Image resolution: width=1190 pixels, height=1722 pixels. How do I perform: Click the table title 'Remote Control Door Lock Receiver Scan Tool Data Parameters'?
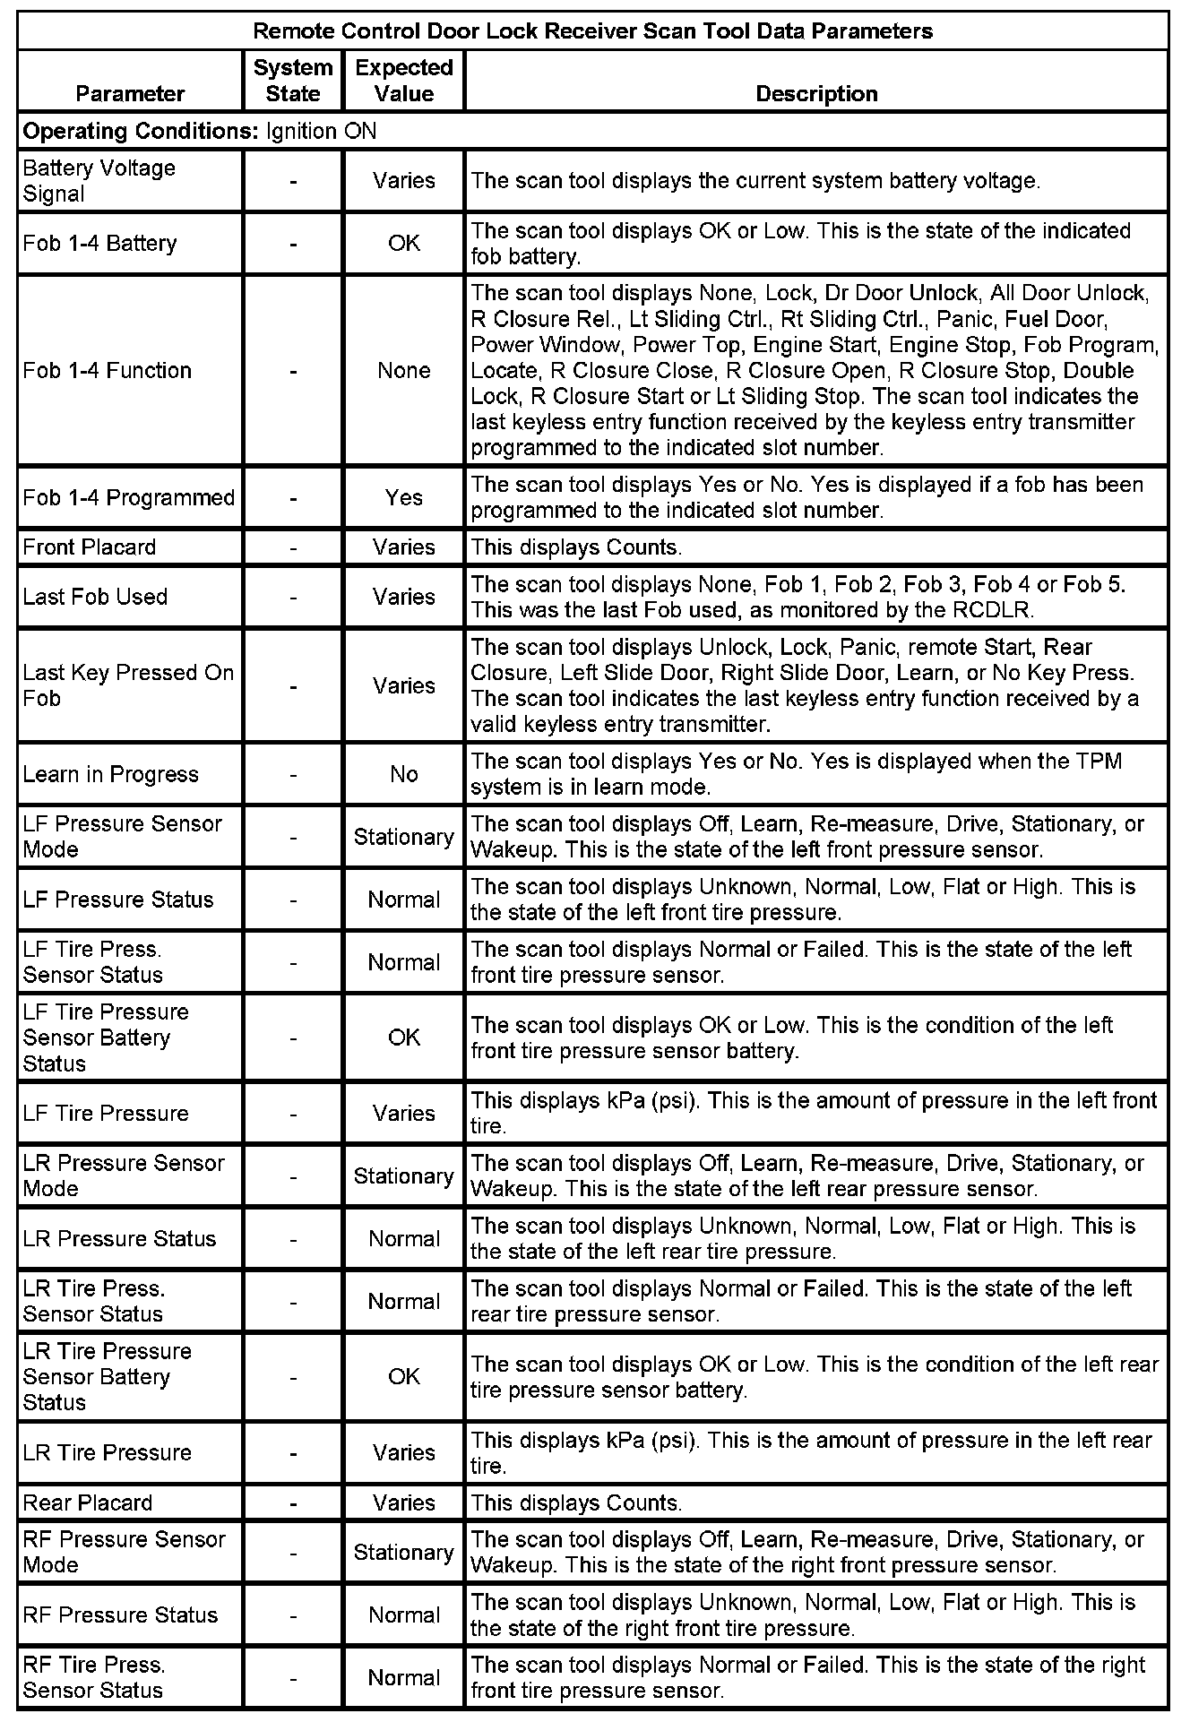coord(592,31)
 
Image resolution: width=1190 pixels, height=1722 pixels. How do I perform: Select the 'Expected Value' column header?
coord(404,81)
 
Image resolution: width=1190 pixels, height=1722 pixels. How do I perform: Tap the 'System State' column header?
coord(293,81)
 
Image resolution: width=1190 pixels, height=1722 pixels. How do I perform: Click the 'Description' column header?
coord(816,94)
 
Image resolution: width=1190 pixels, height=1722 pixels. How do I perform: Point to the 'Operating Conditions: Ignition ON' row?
coord(200,132)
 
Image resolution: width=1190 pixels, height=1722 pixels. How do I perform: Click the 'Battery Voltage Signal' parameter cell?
coord(99,181)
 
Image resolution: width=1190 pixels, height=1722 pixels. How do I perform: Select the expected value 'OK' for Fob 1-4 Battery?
coord(404,244)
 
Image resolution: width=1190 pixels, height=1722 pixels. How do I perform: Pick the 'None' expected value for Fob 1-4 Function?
coord(404,371)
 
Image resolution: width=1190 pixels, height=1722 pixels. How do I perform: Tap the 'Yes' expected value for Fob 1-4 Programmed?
coord(404,498)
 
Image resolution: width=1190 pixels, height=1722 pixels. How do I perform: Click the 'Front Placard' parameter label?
coord(90,547)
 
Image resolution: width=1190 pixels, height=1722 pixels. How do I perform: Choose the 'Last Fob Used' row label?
coord(95,597)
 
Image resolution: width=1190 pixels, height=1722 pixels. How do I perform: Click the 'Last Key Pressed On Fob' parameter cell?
coord(128,685)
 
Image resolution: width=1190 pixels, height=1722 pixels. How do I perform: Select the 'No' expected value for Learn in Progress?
coord(404,774)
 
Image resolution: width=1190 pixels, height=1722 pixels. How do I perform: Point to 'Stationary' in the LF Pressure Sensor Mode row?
coord(404,837)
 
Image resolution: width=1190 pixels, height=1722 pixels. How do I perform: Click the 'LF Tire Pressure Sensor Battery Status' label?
coord(106,1038)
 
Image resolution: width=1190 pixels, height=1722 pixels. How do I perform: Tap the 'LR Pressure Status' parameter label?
coord(119,1239)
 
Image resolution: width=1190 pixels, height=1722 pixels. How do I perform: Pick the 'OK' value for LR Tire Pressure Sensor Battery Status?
coord(404,1376)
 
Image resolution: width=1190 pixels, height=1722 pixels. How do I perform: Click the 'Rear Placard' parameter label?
coord(88,1502)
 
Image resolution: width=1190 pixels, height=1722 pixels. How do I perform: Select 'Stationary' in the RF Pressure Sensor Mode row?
coord(404,1553)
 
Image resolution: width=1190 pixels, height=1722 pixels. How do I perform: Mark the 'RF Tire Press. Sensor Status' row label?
coord(94,1677)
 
